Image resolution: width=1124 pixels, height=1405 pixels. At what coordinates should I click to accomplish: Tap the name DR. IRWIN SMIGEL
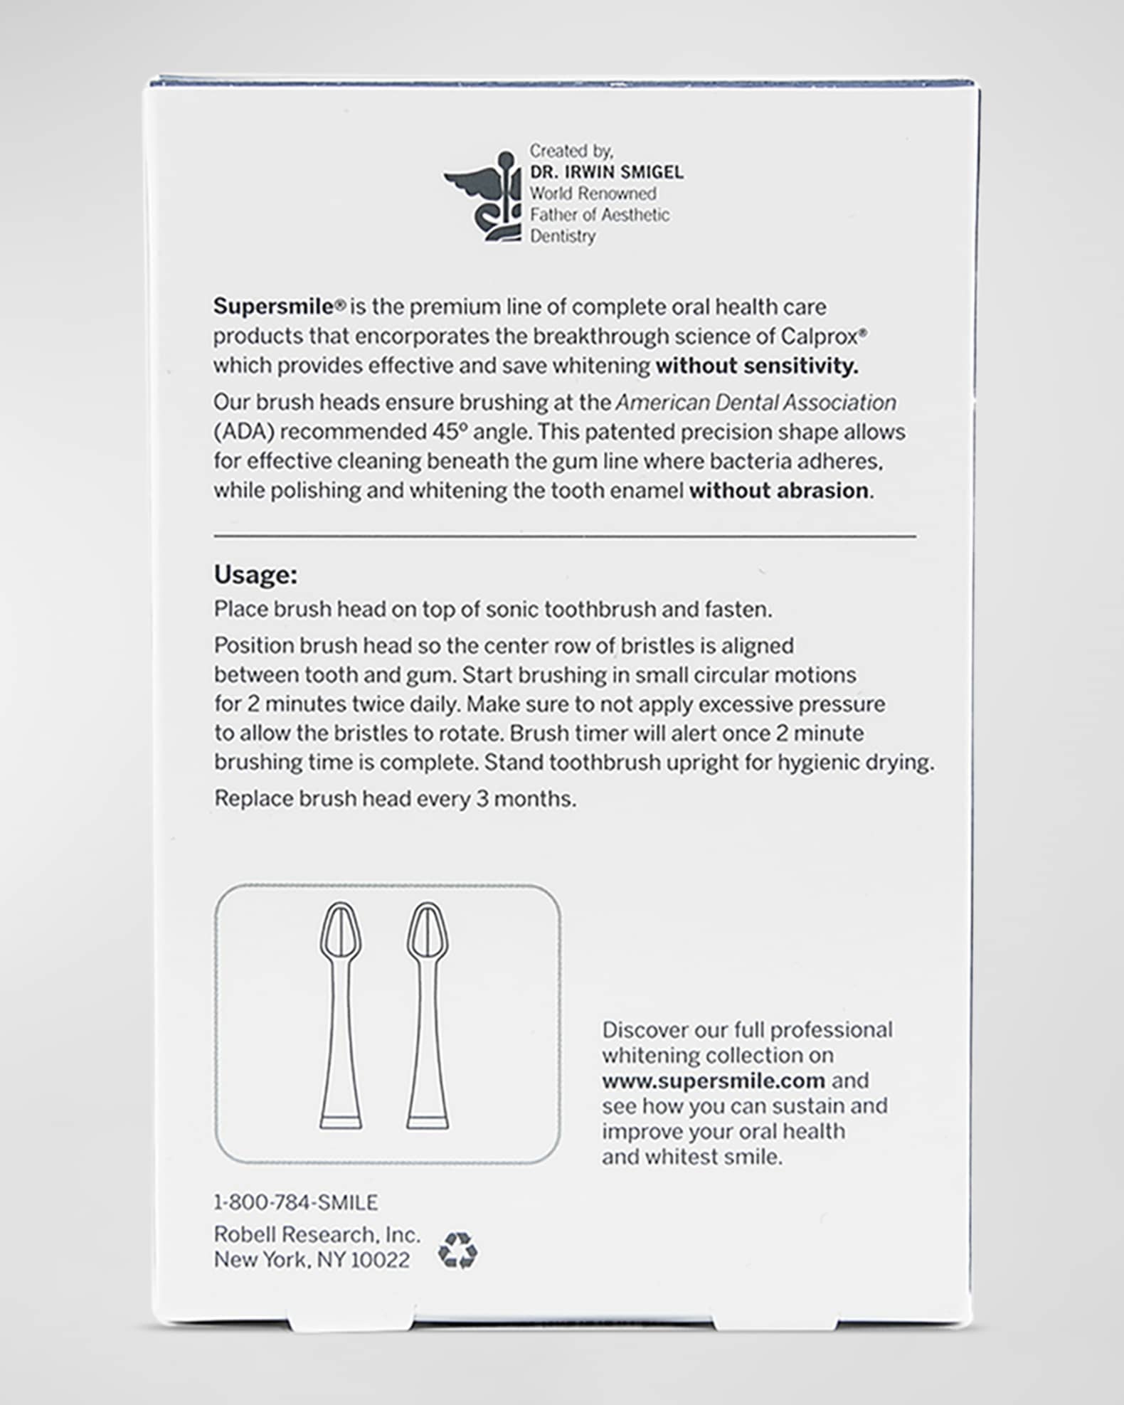pos(607,172)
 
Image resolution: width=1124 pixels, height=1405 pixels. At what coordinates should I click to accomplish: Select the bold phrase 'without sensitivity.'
pos(757,366)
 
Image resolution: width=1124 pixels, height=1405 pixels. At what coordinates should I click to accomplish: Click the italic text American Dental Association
pos(755,403)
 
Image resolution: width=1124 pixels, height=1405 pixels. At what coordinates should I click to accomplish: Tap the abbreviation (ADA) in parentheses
pos(244,432)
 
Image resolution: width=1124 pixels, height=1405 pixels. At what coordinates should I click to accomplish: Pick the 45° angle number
pos(450,432)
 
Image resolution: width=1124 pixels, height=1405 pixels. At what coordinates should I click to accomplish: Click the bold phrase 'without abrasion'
pos(778,491)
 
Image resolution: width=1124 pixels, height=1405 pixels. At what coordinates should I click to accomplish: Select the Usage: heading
pos(256,574)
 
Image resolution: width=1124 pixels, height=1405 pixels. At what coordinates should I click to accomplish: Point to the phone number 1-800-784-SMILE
pos(296,1202)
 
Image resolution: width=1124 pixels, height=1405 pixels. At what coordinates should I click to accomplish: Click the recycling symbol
pos(458,1250)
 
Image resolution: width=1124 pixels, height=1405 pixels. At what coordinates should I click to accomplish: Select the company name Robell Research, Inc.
pos(317,1234)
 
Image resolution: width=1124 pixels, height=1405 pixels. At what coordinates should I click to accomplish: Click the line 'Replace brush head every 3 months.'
pos(395,799)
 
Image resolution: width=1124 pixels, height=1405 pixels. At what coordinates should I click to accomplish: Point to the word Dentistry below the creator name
pos(563,236)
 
